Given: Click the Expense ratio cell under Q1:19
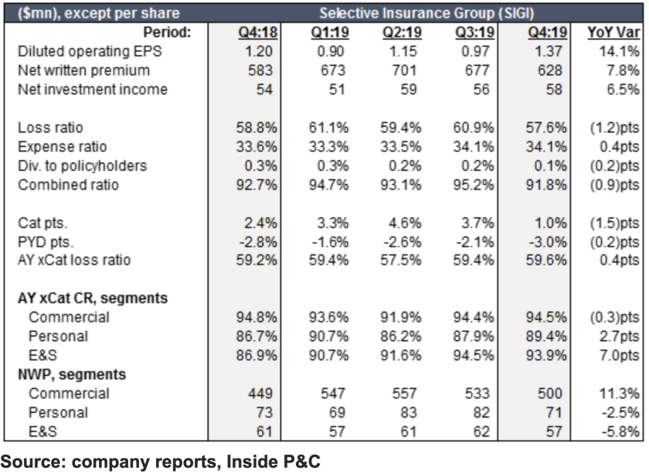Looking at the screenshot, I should pos(331,146).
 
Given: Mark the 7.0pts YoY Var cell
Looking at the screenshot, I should pos(613,355).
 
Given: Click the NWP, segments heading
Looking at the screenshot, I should pos(73,374).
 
